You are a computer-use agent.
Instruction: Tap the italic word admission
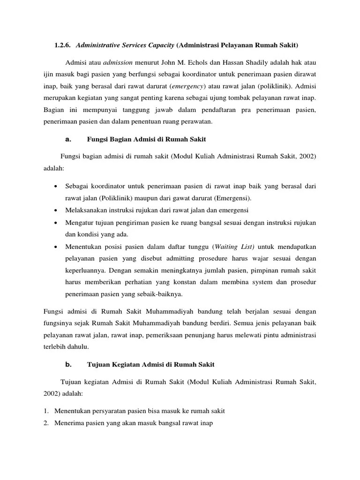click(118, 62)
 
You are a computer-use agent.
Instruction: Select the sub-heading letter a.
click(67, 139)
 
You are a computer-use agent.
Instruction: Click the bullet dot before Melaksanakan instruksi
click(56, 210)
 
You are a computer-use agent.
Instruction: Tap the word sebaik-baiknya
click(159, 294)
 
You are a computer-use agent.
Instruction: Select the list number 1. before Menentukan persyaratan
click(46, 411)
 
